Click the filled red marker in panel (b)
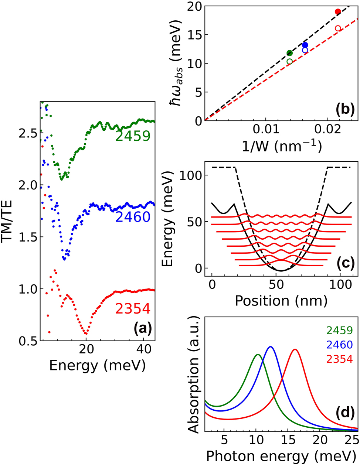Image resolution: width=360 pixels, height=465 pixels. [337, 12]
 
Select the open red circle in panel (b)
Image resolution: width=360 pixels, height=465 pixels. [337, 28]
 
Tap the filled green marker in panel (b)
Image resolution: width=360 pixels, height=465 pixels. [289, 53]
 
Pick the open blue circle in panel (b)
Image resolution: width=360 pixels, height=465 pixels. [305, 50]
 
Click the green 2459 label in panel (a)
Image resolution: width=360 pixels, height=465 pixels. [133, 136]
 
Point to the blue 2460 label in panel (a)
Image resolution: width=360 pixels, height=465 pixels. [133, 217]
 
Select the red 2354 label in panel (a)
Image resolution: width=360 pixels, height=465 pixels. [133, 308]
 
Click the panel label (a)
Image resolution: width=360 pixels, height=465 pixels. [141, 328]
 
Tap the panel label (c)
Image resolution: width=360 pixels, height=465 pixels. [345, 263]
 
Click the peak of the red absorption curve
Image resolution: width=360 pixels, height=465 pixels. [295, 349]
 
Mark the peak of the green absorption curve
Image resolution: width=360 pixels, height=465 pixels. [258, 355]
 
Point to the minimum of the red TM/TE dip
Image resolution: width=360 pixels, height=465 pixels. [86, 334]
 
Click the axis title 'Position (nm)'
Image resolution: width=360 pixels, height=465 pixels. [281, 301]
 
